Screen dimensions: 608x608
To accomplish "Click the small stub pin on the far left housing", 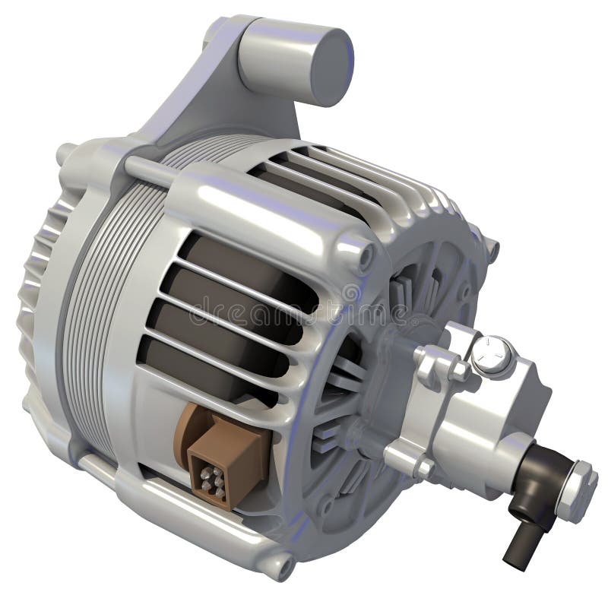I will click(x=65, y=152).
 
